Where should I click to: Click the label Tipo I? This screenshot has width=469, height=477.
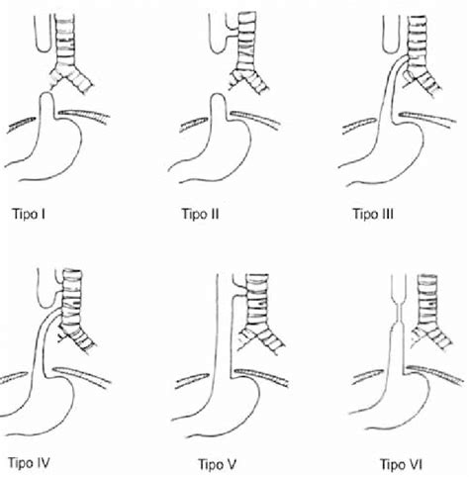(29, 214)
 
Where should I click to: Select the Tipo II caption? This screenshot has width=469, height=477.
(200, 214)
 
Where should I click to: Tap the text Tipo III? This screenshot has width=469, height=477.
(373, 214)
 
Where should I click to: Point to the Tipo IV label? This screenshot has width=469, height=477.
(29, 463)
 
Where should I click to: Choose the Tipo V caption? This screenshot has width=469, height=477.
(218, 464)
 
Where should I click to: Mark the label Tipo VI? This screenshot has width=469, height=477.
(401, 464)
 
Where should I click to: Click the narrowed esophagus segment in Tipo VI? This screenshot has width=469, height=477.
(397, 313)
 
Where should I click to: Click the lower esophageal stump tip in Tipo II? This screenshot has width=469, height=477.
(218, 95)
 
